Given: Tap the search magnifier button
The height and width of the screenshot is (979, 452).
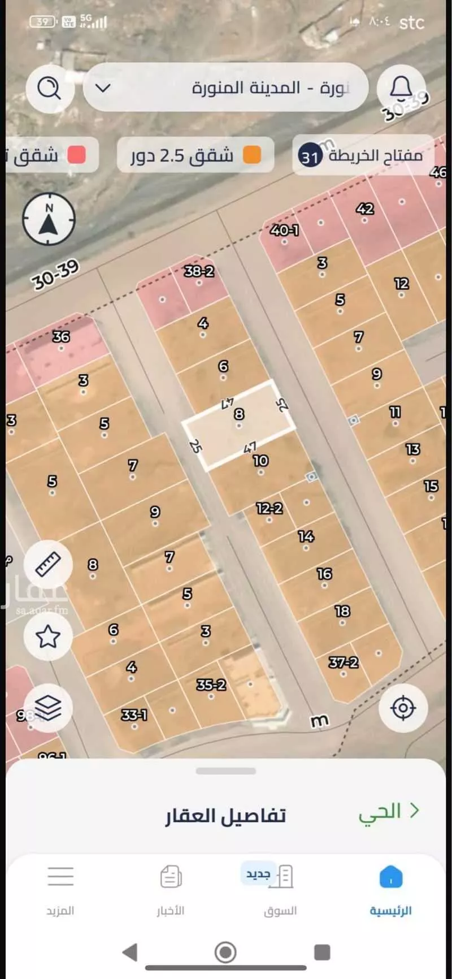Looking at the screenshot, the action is point(50,88).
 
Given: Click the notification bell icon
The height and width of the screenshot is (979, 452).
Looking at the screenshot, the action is point(401,88).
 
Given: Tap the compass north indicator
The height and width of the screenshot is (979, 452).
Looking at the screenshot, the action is point(49,220).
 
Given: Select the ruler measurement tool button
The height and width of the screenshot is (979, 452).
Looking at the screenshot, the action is point(48,564).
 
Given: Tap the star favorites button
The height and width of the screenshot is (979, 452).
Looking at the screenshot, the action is point(48,636).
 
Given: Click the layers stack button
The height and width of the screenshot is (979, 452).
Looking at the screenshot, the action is point(48,707).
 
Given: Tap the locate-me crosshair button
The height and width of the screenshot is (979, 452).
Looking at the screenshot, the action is point(403,707).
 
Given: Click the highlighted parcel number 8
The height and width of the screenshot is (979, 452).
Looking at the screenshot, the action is point(240,414).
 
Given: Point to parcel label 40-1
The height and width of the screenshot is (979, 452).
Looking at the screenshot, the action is point(284,231).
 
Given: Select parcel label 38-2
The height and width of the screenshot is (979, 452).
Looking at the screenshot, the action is point(199,272).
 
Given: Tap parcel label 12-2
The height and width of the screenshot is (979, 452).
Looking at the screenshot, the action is point(269,508).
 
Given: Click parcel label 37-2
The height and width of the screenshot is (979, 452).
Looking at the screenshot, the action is point(344,662).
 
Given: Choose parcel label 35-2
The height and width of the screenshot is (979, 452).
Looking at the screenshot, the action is point(211,685).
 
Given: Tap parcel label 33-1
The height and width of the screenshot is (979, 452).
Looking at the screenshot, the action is point(134,715).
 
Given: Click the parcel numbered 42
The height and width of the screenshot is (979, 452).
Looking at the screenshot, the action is point(365,209).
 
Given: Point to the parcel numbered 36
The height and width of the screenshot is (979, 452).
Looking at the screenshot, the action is point(61,337).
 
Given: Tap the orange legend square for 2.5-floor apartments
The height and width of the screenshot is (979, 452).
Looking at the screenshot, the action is point(252,155).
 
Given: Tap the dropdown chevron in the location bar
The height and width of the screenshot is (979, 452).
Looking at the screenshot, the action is point(103,88).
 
